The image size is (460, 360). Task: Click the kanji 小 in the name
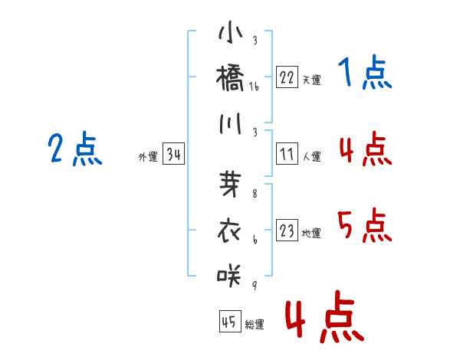coord(231,32)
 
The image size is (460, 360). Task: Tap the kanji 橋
coord(230,78)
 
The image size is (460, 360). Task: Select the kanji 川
coord(230,123)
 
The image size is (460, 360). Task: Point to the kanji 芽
coord(230,184)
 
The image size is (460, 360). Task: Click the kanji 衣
coord(229,231)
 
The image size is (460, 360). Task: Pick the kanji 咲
coord(229,275)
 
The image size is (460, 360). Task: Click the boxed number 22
coord(287,77)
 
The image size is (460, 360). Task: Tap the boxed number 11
coord(287,154)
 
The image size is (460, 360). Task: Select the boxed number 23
coord(287,230)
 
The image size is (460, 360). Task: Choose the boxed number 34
coord(174,154)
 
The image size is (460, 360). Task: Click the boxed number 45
coord(230,321)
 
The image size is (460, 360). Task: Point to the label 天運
coord(312,80)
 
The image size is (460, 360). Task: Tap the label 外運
coord(148,156)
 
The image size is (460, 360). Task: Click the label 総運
coord(255,324)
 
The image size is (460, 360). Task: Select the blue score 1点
coord(365,72)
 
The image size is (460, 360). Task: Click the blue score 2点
coord(75,149)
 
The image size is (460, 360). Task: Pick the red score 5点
coord(365,225)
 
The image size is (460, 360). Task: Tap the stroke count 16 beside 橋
coord(254,87)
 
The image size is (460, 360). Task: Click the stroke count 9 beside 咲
coord(255,285)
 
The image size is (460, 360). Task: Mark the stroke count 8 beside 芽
coord(255,193)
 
